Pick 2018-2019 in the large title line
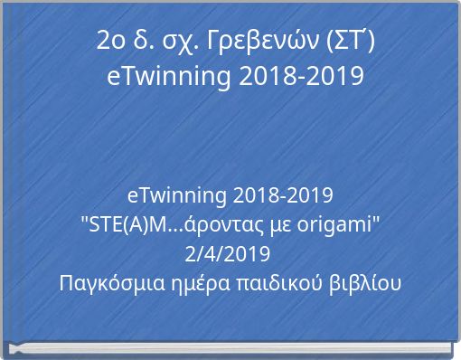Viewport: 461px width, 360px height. [x=302, y=76]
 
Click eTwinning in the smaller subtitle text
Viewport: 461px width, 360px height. [x=177, y=195]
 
